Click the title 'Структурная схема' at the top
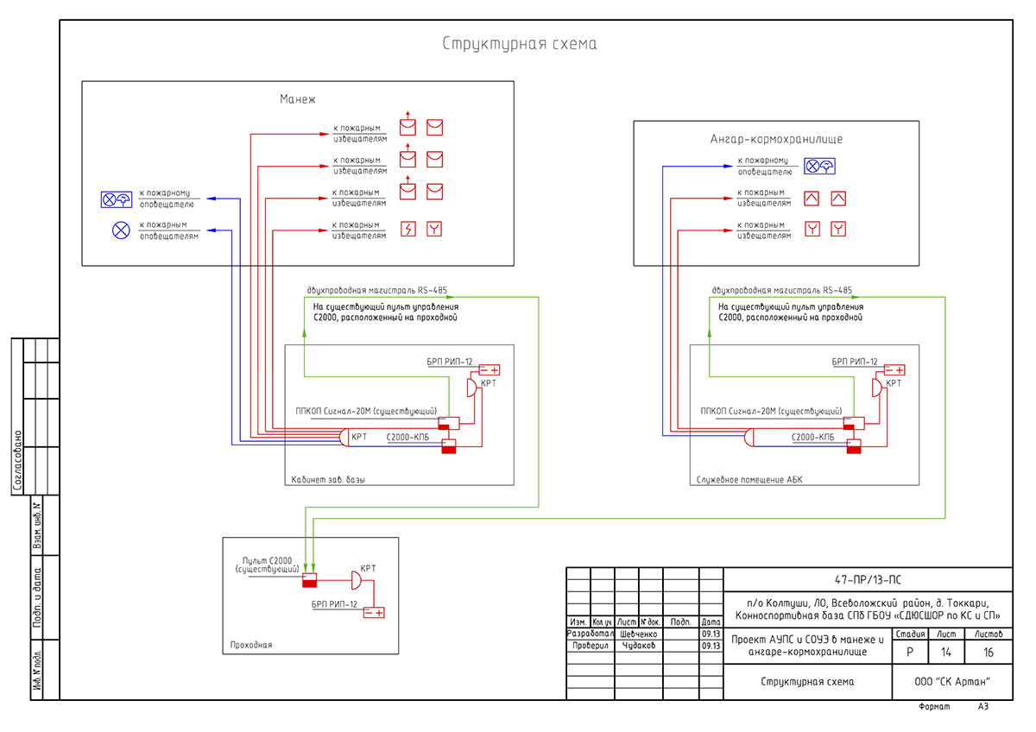click(x=519, y=44)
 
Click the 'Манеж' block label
click(x=298, y=99)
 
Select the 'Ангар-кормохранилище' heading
click(x=776, y=139)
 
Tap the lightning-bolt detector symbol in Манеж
click(x=409, y=229)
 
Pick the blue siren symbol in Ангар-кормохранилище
click(x=819, y=167)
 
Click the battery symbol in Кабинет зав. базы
click(x=490, y=369)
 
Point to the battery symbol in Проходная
click(x=374, y=613)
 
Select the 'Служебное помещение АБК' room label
click(x=749, y=479)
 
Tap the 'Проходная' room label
click(x=251, y=644)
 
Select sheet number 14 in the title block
click(x=946, y=653)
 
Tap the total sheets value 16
click(x=989, y=653)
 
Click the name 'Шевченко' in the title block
click(x=639, y=634)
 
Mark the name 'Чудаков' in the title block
click(x=639, y=646)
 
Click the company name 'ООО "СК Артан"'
click(x=951, y=682)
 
